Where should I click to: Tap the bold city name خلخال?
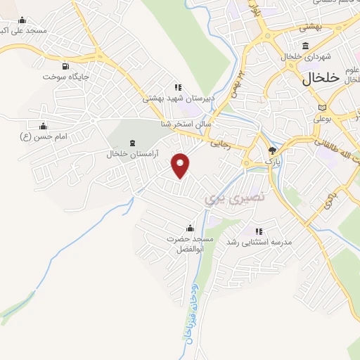[x=321, y=76]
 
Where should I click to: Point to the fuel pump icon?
[x=65, y=65]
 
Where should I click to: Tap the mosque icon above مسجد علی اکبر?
[x=22, y=20]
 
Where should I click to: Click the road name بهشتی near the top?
[x=310, y=27]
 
